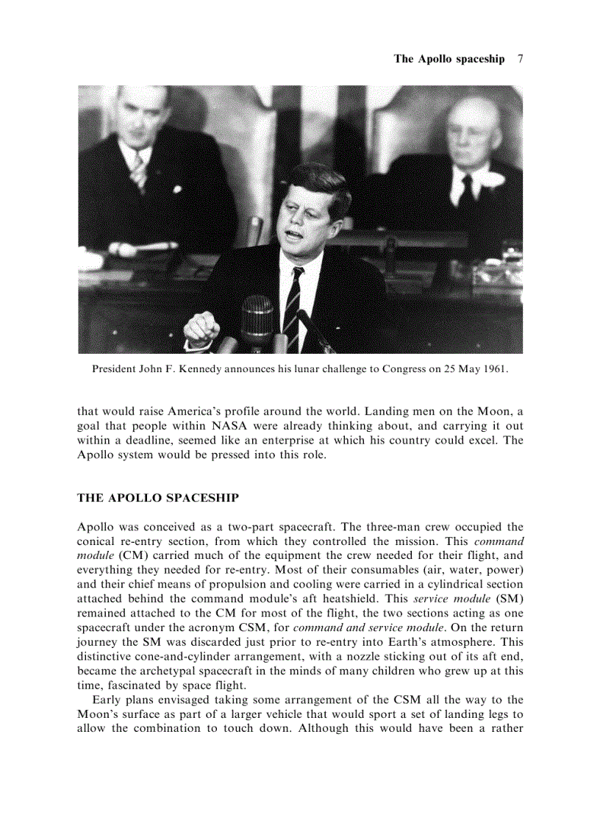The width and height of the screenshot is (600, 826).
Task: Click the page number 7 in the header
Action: click(x=520, y=59)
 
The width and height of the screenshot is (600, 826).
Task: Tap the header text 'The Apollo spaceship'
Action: click(x=449, y=59)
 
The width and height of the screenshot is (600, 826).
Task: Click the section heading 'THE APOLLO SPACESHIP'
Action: click(x=157, y=498)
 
